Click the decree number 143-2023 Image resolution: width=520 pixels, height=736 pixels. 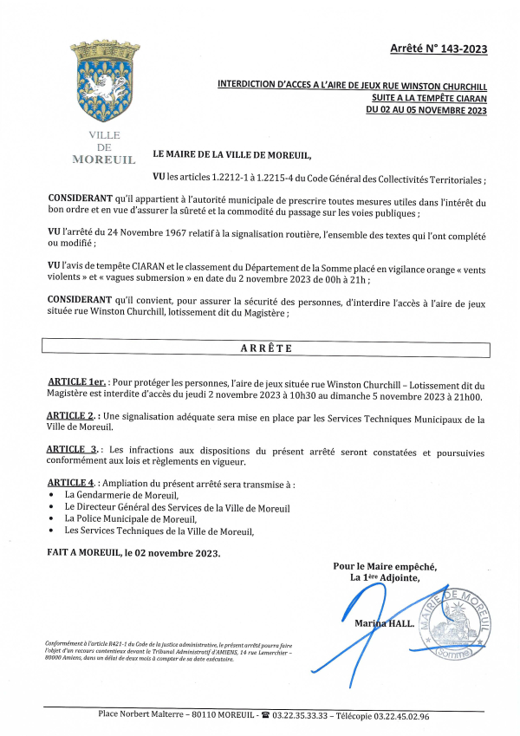pos(462,49)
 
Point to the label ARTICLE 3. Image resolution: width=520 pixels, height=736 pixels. pos(73,451)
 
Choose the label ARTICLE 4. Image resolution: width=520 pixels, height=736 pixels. pos(71,483)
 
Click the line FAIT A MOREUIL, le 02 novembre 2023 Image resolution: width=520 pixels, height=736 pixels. pos(134,552)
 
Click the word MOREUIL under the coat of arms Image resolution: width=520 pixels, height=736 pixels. pos(104,160)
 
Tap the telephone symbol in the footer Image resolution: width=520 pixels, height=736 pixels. pos(265,716)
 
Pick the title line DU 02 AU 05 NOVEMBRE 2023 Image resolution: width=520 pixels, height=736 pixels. pos(426,110)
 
